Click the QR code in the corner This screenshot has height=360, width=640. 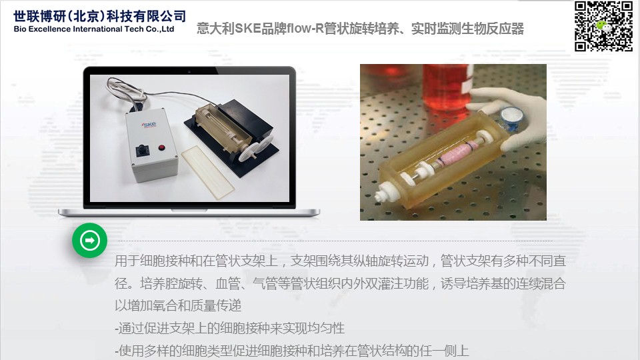[x=604, y=26]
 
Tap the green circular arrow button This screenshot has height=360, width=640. [x=90, y=240]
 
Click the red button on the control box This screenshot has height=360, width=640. [x=161, y=147]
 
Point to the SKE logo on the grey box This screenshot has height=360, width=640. [x=149, y=124]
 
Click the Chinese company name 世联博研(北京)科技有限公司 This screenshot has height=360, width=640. [x=99, y=16]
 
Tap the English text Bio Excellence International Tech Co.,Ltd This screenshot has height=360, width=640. [x=94, y=29]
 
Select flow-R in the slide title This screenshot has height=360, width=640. [x=305, y=29]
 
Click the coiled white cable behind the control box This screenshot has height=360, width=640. [x=127, y=90]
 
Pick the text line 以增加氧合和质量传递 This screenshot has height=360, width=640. [x=178, y=305]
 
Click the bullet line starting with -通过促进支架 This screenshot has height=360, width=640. [x=229, y=328]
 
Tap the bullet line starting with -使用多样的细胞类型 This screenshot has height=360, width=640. [x=291, y=350]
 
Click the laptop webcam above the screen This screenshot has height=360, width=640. [x=189, y=71]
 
